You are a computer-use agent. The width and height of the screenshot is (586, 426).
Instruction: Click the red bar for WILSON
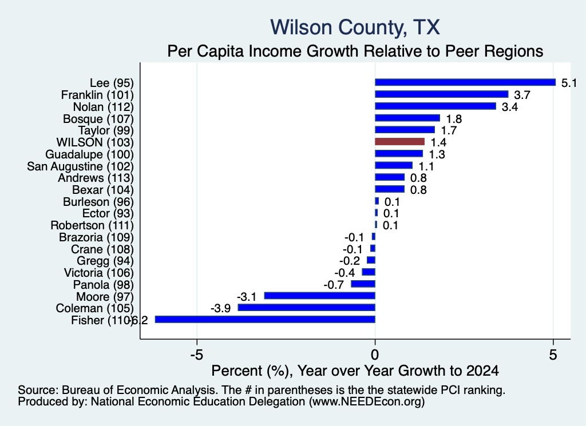coord(399,141)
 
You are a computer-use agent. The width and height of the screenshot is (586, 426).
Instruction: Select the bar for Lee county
coord(465,82)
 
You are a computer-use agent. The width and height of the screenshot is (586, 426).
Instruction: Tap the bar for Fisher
coord(265,319)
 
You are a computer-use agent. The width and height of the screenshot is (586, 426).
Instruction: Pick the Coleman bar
coord(307,307)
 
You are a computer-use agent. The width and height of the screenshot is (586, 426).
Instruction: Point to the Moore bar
coord(319,296)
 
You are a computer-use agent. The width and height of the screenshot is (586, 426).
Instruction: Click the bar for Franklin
coord(441,94)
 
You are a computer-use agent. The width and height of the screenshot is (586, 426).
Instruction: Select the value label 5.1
coord(569,83)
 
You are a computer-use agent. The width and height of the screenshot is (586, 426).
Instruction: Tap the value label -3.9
coord(220,308)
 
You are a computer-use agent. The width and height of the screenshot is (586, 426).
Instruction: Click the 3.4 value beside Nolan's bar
coord(510,107)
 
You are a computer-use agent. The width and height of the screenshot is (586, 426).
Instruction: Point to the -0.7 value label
coord(334,285)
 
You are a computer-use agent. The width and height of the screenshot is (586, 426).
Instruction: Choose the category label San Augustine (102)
coord(80,166)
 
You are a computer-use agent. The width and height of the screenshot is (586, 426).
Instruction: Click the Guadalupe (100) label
coord(89,154)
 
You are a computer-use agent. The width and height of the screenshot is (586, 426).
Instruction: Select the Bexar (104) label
coord(103,190)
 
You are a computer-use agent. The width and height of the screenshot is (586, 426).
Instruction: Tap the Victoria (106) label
coord(98,273)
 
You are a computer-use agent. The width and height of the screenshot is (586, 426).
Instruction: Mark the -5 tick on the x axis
coord(197,355)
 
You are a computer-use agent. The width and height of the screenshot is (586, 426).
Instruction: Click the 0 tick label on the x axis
coord(375,355)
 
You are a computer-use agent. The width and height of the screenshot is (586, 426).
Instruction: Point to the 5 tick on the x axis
coord(553,355)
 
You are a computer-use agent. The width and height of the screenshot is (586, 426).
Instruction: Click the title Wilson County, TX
coord(355,27)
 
